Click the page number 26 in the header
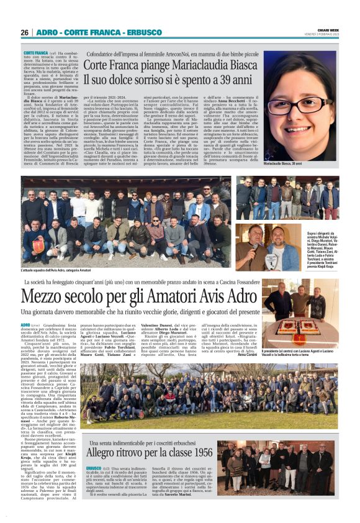25,32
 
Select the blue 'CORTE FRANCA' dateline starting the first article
36,53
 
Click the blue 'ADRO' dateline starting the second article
26,325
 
